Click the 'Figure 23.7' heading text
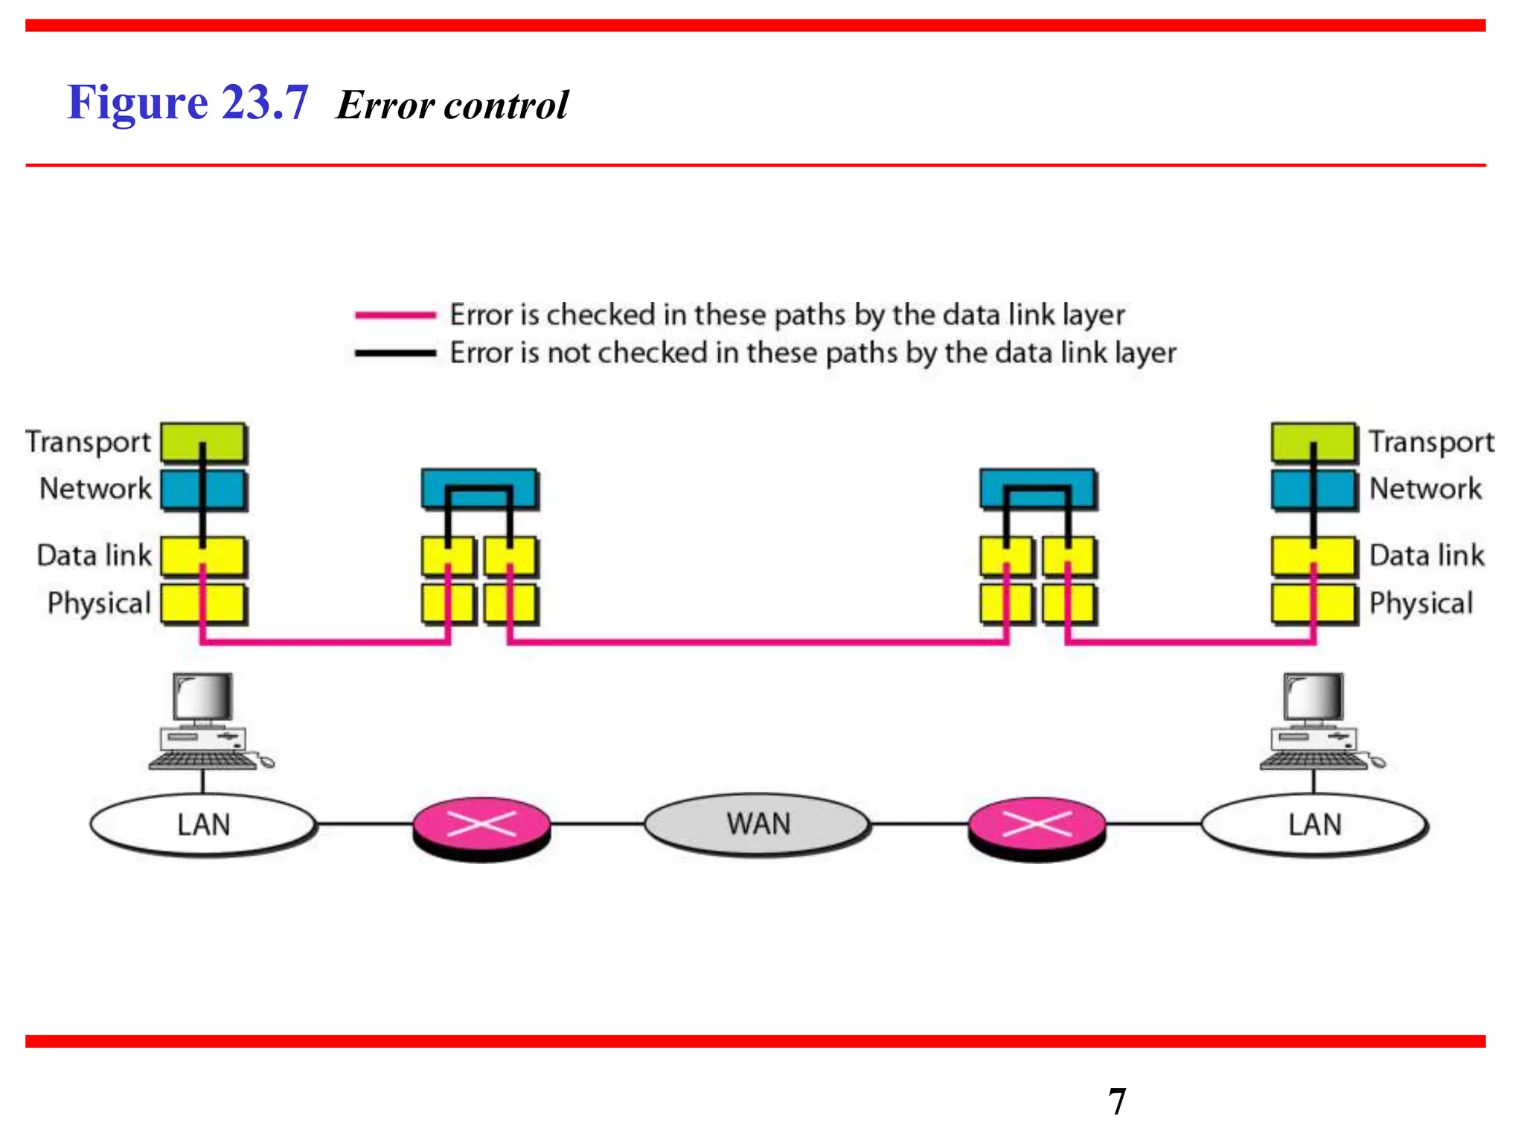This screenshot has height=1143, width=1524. pos(188,103)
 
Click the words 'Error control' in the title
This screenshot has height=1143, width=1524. pos(452,105)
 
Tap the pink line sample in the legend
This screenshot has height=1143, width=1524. pos(395,316)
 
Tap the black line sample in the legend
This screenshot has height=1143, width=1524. pos(395,353)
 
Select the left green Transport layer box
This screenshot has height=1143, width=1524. pos(203,443)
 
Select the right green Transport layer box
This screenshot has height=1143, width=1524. pos(1313,443)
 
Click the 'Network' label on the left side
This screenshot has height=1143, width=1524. pos(95,489)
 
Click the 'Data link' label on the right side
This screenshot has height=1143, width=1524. pos(1427,556)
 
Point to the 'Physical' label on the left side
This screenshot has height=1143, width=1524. pos(99,603)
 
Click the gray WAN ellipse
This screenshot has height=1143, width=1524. pos(758,825)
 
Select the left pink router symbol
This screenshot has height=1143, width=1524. pos(481,826)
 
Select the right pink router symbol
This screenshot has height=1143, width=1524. pos(1037,826)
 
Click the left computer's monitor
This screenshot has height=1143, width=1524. pos(203,697)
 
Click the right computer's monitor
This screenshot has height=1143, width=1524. pos(1314,697)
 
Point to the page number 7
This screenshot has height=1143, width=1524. pos(1117,1101)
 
